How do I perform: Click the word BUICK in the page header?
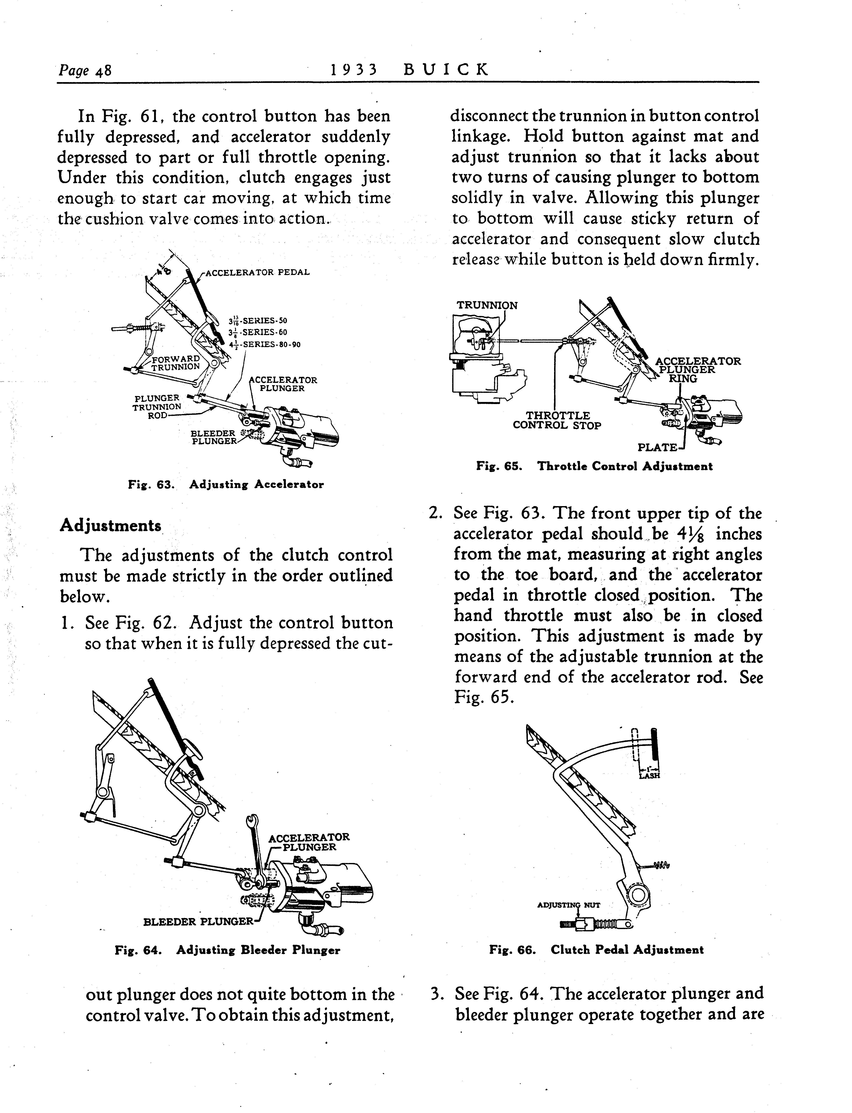[446, 69]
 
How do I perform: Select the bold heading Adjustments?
[111, 525]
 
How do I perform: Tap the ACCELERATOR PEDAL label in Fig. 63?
[257, 272]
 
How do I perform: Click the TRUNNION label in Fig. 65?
[487, 305]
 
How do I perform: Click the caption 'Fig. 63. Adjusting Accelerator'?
[226, 484]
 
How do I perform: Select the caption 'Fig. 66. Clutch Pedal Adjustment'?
[596, 950]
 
